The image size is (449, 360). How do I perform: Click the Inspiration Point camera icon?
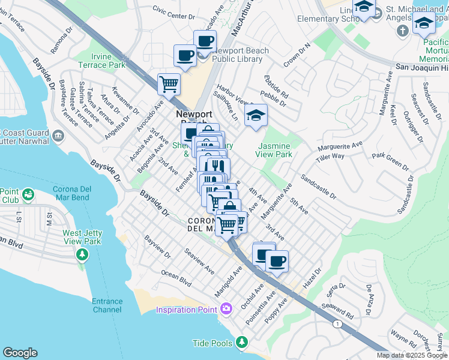click(226, 309)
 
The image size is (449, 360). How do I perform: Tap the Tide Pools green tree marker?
click(242, 342)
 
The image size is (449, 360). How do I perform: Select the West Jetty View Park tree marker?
click(82, 255)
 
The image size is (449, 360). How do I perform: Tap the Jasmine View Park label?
click(275, 150)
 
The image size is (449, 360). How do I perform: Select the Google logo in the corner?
click(20, 353)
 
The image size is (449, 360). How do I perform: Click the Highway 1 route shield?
click(339, 325)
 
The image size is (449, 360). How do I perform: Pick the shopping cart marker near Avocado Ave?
click(169, 84)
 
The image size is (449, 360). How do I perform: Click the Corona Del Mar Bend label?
click(79, 194)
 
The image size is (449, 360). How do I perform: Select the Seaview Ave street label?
click(199, 262)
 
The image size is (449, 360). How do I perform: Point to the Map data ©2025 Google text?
click(412, 355)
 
